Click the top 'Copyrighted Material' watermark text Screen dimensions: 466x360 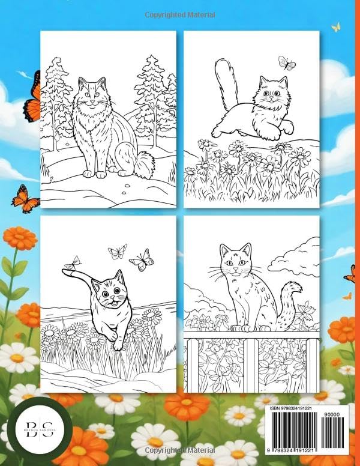[179, 14]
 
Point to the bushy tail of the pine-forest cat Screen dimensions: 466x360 [144, 163]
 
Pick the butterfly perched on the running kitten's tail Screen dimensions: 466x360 [74, 262]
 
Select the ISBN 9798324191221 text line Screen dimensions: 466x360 [295, 408]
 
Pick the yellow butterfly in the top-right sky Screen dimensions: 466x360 [336, 27]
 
